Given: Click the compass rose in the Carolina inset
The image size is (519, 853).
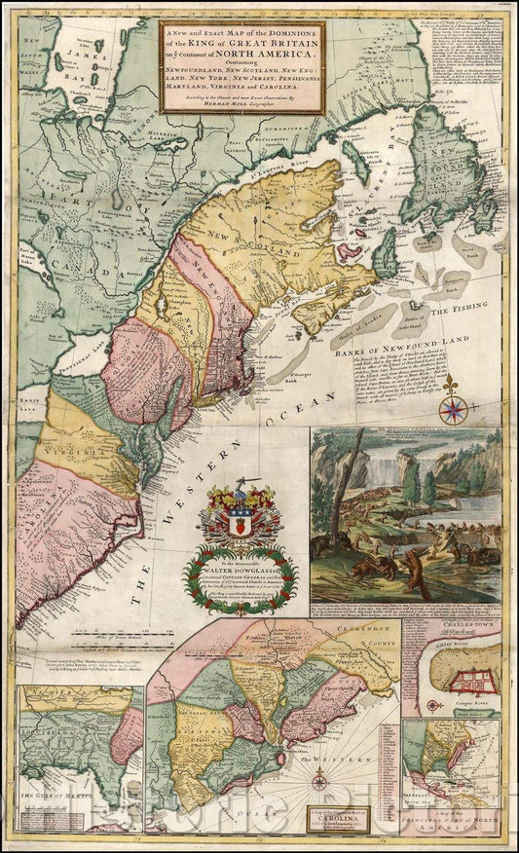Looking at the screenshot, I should click(x=318, y=778).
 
